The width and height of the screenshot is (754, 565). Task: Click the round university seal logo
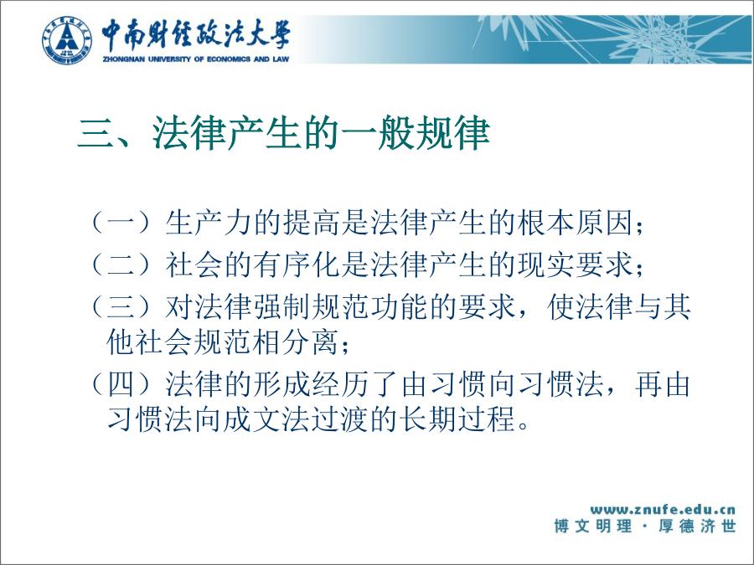pos(66,40)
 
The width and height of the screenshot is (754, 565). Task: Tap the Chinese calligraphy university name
pos(196,34)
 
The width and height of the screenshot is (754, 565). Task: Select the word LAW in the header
pos(281,59)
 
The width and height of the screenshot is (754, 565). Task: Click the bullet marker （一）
pos(127,223)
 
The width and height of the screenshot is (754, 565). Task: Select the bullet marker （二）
pos(127,265)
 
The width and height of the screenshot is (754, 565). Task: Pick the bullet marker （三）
pos(127,307)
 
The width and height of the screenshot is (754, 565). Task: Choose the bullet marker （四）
pos(127,385)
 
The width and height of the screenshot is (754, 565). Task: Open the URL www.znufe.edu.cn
pos(663,510)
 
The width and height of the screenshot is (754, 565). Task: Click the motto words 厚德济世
pos(697,526)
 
